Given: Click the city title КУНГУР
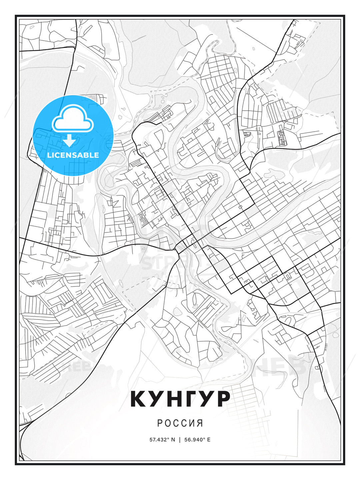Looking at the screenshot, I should pyautogui.click(x=180, y=399).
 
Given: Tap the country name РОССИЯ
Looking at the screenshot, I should pyautogui.click(x=180, y=423).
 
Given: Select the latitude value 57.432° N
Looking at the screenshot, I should pyautogui.click(x=162, y=439).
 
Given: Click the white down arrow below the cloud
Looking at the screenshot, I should pyautogui.click(x=69, y=141).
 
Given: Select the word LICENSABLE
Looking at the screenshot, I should pyautogui.click(x=73, y=155).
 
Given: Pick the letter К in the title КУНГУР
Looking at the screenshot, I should pyautogui.click(x=139, y=399).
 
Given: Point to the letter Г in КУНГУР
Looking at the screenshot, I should pyautogui.click(x=189, y=399).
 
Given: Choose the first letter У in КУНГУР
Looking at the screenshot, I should pyautogui.click(x=155, y=399).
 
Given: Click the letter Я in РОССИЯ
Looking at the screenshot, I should pyautogui.click(x=200, y=423).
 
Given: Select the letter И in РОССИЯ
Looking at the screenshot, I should pyautogui.click(x=192, y=423).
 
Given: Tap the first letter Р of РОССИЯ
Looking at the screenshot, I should pyautogui.click(x=160, y=423).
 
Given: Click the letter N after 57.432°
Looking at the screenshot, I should pyautogui.click(x=173, y=439).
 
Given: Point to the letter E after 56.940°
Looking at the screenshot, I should pyautogui.click(x=209, y=439).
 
